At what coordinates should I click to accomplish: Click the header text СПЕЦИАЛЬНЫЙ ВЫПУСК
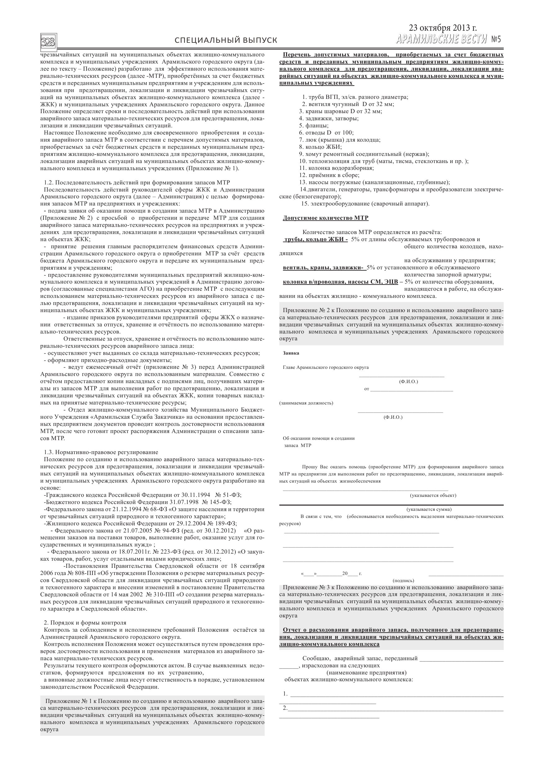226,41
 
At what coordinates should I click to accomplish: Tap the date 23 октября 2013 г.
443,28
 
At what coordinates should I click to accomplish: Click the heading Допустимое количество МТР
325,218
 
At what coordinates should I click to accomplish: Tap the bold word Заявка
291,353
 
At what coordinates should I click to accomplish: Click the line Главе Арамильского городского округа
325,367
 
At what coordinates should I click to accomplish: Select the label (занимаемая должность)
306,403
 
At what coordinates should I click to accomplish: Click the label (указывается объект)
433,495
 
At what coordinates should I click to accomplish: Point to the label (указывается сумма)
429,510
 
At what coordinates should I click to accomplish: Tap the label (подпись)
403,581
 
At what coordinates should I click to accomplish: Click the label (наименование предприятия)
366,673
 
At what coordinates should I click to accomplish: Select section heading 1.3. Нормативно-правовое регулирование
101,452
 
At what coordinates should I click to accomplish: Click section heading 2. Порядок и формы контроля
85,623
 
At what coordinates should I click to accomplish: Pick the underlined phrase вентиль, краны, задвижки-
323,267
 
